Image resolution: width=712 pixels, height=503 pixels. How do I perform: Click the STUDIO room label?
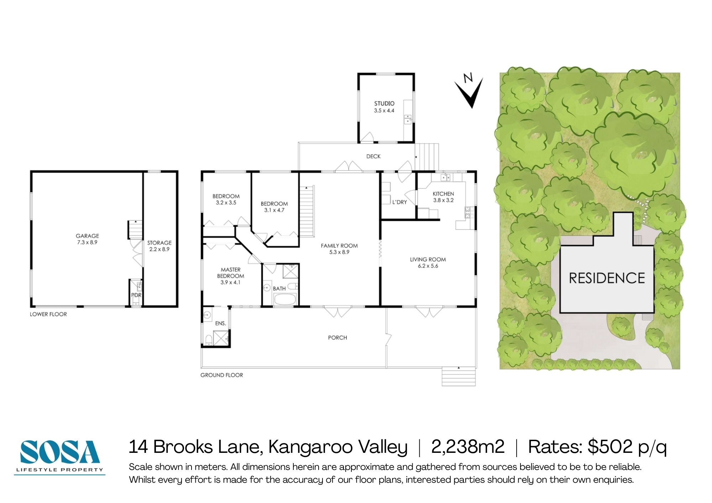pos(384,107)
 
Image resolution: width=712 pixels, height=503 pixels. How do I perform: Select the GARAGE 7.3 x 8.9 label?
pos(87,239)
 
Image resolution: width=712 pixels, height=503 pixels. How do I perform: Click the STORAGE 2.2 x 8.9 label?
pos(159,246)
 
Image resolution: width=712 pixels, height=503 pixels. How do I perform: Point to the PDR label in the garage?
pos(136,295)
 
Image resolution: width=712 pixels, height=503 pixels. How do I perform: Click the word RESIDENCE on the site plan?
pos(607,278)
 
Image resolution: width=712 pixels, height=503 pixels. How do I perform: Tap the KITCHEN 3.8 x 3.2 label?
pos(443,197)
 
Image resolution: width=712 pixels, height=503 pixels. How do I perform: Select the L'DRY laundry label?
pos(399,202)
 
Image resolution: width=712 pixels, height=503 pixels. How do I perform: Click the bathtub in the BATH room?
pos(285,300)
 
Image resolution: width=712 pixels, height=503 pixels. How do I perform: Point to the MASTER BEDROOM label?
pos(230,276)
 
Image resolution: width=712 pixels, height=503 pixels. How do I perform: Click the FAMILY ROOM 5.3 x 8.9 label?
pos(339,249)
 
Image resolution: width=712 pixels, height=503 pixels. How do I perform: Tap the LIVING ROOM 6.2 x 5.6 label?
pos(428,263)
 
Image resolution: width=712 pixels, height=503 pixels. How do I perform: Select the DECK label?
pos(373,156)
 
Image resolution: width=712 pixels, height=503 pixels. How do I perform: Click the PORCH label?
pos(337,338)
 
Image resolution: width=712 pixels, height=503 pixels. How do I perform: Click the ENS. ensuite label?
pos(220,323)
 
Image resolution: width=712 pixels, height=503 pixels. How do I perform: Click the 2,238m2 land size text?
pos(467,447)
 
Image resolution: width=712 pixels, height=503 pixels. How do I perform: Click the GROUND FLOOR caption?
pos(221,375)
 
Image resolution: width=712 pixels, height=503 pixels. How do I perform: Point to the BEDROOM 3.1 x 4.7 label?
pos(274,207)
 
